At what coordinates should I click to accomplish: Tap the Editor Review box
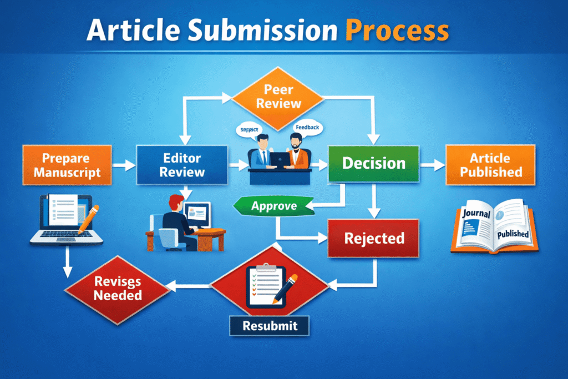click(182, 165)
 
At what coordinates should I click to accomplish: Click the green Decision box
click(373, 163)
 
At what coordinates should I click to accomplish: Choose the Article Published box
click(491, 165)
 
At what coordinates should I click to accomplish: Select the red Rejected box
click(374, 239)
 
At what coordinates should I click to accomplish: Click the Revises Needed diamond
click(118, 287)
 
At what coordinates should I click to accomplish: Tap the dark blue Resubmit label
click(269, 326)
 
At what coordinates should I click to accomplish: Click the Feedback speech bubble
click(307, 128)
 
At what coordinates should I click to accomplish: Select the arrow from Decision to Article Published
click(433, 164)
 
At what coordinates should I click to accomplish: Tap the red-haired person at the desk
click(173, 219)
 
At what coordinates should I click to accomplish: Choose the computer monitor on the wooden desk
click(197, 213)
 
